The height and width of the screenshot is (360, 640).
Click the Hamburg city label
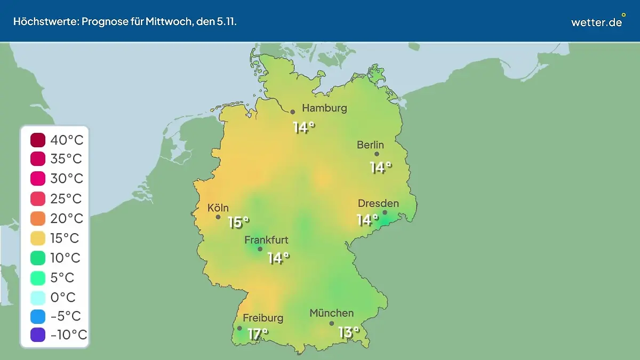[324, 108]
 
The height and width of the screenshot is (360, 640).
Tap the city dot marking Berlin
[377, 154]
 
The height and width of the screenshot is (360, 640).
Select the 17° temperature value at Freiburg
[258, 334]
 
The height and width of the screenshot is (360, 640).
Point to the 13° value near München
[349, 332]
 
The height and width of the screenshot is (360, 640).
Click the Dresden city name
[378, 203]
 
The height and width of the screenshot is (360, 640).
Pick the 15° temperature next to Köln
[238, 222]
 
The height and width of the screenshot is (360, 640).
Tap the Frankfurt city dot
[260, 249]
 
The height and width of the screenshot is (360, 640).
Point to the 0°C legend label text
[63, 297]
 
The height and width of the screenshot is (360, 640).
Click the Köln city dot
[218, 217]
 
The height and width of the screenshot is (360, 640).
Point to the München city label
[331, 313]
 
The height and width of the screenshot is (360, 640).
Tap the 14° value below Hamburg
[303, 127]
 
